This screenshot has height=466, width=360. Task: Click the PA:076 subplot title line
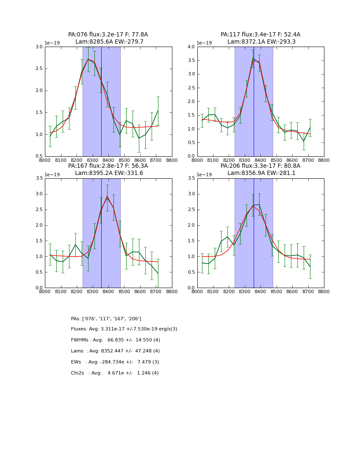point(108,35)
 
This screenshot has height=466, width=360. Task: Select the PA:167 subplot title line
point(108,166)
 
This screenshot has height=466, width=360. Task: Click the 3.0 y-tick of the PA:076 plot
point(39,47)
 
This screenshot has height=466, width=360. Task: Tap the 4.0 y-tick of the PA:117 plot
point(191,47)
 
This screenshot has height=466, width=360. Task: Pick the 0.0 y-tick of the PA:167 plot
point(39,288)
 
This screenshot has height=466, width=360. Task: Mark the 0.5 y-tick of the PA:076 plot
point(39,156)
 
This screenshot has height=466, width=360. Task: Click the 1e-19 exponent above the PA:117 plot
point(204,43)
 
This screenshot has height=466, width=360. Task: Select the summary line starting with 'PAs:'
point(106,319)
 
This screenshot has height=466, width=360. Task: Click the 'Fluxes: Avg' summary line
point(124,329)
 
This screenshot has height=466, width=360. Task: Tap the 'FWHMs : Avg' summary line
point(115,340)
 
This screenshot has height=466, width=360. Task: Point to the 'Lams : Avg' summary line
point(115,351)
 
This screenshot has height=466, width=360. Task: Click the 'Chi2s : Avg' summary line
point(115,373)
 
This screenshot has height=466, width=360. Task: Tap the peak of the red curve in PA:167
point(107,196)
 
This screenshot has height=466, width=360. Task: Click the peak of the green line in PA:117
point(253,58)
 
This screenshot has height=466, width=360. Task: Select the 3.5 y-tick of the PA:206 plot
point(191,178)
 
